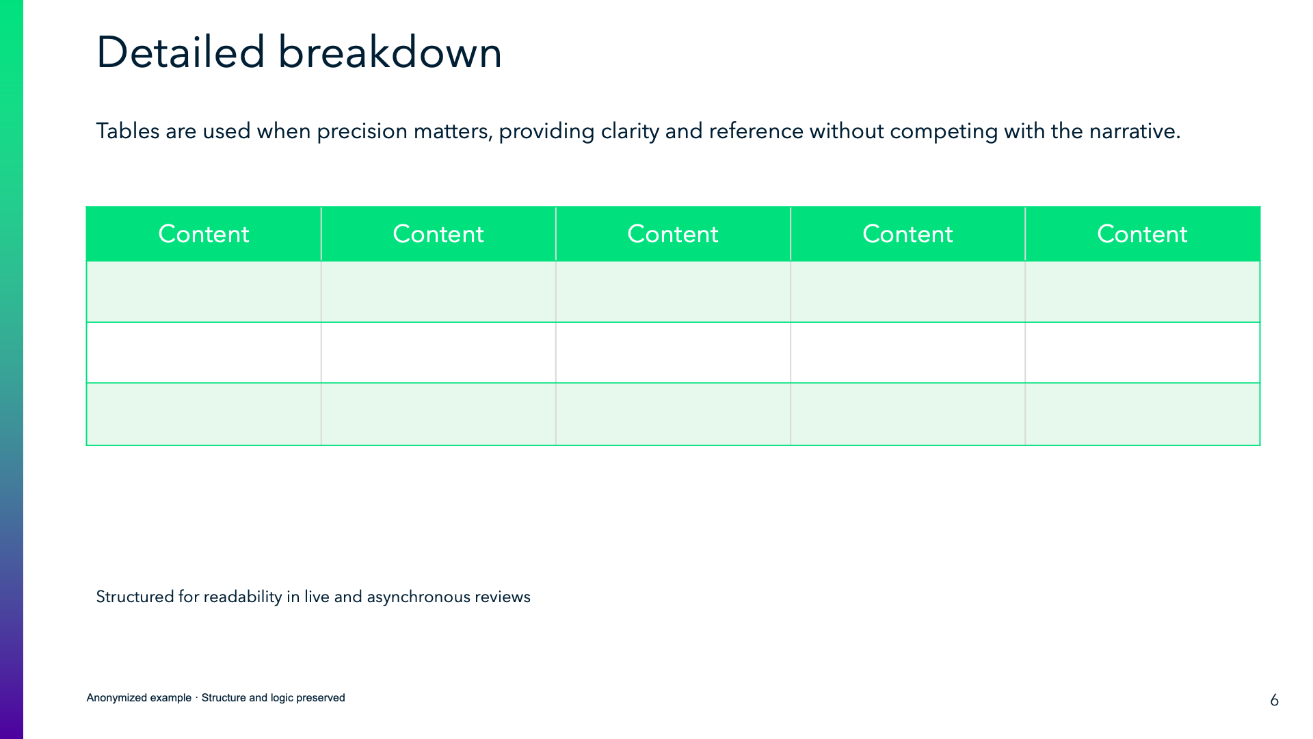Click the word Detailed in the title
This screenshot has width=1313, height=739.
(x=180, y=53)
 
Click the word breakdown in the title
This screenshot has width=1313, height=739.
(x=390, y=53)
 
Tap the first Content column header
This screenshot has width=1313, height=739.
(x=203, y=234)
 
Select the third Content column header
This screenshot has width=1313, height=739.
(x=672, y=234)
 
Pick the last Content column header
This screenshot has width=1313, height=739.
(x=1141, y=234)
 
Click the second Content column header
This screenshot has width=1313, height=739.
(x=438, y=234)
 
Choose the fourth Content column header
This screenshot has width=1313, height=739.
(x=907, y=234)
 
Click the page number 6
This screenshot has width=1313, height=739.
(x=1274, y=700)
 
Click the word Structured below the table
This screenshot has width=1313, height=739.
(x=135, y=597)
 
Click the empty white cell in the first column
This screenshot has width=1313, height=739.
(x=203, y=352)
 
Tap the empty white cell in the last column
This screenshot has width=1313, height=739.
(x=1141, y=352)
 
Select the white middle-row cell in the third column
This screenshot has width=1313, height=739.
(x=672, y=352)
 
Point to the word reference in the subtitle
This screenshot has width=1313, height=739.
(x=756, y=131)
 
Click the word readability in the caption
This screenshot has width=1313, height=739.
(x=242, y=597)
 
